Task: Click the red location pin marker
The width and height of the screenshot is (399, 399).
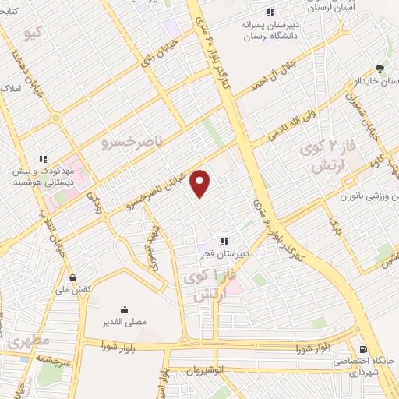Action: (x=201, y=183)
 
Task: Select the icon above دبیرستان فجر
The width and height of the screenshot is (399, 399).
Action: (x=224, y=242)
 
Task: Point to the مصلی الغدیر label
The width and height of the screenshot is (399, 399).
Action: (x=126, y=320)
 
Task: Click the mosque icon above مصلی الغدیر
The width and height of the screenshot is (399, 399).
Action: (x=125, y=309)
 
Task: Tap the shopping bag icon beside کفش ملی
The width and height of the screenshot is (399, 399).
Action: (x=73, y=277)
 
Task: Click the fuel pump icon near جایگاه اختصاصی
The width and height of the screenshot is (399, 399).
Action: (x=362, y=350)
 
